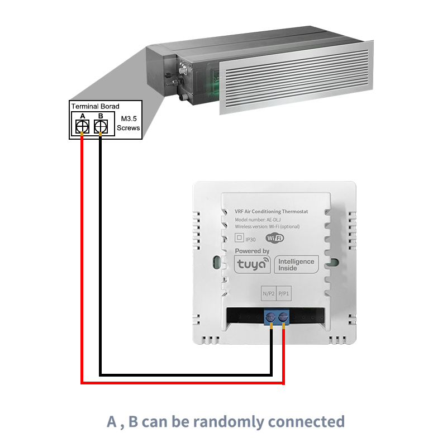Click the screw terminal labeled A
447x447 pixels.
click(x=82, y=126)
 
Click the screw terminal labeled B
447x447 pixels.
click(x=101, y=126)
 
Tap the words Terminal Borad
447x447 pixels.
click(x=95, y=106)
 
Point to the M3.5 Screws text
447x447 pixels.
click(x=129, y=123)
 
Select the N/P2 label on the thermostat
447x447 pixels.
click(x=269, y=293)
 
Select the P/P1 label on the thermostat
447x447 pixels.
click(x=284, y=293)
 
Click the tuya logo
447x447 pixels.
click(x=253, y=264)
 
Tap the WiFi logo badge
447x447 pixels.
click(x=275, y=238)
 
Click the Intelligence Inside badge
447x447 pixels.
click(x=296, y=264)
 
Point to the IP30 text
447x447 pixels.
click(x=250, y=240)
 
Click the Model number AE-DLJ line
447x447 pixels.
click(x=258, y=220)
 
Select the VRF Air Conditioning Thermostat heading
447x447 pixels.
click(x=272, y=212)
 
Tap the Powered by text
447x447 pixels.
click(x=252, y=251)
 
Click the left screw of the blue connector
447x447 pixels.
click(x=270, y=316)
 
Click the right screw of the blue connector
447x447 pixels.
click(x=283, y=316)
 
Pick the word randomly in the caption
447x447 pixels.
click(x=229, y=422)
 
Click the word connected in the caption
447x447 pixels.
click(x=307, y=422)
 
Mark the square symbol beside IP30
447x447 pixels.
click(x=239, y=237)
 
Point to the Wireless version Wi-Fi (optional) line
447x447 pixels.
click(x=267, y=227)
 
